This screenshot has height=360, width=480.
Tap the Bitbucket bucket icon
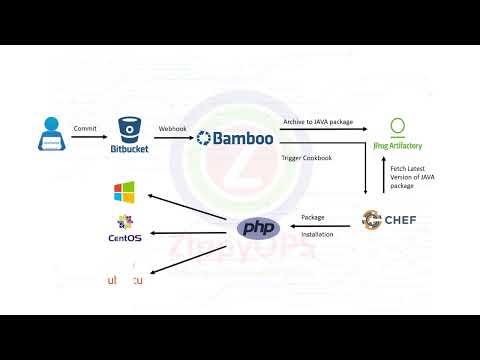129,130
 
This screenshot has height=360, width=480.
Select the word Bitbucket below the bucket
129,151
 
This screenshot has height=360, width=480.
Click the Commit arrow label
85,128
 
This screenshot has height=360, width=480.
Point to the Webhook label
172,128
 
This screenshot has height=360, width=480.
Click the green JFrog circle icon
397,127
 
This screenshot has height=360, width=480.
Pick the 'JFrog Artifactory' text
397,146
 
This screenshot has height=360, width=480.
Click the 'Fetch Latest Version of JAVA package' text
413,178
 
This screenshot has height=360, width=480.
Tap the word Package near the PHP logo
312,216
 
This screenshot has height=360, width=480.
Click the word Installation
317,234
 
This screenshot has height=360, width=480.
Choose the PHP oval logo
256,228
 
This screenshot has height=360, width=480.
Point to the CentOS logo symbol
124,222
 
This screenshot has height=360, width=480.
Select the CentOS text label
124,238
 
